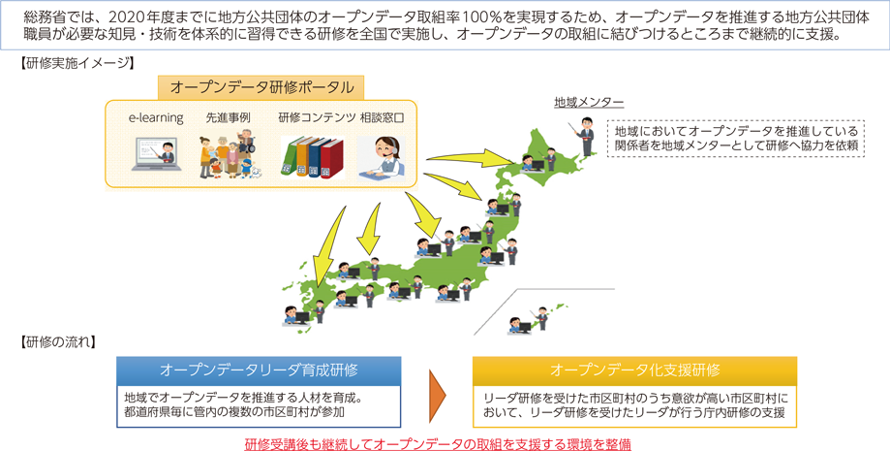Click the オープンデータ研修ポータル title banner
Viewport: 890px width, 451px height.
pos(261,87)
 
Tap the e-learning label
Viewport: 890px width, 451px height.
pos(156,117)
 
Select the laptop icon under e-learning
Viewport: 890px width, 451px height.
pos(157,153)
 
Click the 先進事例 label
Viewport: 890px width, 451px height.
pos(229,117)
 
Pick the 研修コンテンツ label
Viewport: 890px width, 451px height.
pos(317,117)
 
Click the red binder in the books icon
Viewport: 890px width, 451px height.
pos(332,160)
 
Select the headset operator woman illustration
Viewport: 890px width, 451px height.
pos(381,159)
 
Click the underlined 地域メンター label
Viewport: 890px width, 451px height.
pos(589,103)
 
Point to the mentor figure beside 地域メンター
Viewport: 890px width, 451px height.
pos(585,137)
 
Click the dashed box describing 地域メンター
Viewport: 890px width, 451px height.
pos(736,138)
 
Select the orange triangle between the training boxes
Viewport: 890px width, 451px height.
pos(437,393)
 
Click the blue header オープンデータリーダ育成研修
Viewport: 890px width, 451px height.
pos(259,370)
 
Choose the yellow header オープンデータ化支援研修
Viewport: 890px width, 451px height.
pos(634,370)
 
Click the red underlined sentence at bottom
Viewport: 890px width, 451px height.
pos(438,443)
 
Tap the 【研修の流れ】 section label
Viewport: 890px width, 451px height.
pos(57,341)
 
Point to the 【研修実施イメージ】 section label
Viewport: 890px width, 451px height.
pos(77,63)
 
